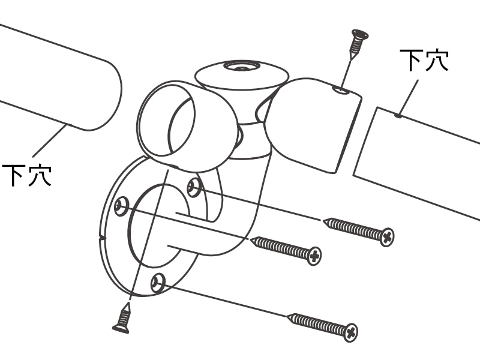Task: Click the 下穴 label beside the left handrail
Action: [27, 175]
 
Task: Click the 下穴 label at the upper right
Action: [424, 61]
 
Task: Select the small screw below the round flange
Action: [124, 317]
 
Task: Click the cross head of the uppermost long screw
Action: [388, 236]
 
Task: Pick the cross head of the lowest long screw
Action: [351, 332]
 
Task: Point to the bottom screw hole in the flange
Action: [158, 283]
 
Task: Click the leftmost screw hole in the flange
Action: [122, 206]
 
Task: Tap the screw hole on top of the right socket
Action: [340, 90]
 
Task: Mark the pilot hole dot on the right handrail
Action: [398, 116]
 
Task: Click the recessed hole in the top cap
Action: [242, 65]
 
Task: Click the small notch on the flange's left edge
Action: [103, 237]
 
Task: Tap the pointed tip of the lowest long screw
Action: [288, 317]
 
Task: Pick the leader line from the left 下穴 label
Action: [51, 140]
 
